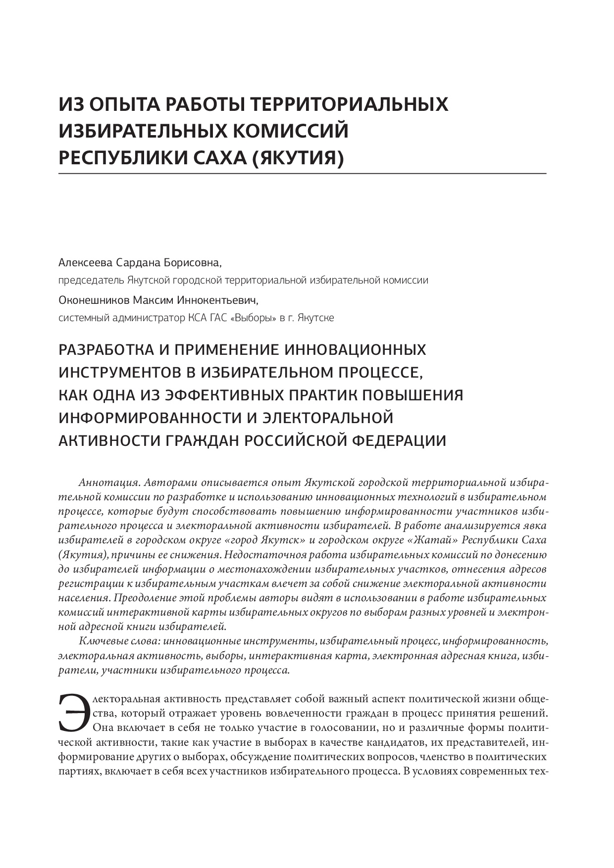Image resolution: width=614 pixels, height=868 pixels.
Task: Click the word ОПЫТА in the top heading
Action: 120,104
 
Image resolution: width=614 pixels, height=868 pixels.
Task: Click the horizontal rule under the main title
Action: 302,174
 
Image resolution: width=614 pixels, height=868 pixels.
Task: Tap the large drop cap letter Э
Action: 72,713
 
